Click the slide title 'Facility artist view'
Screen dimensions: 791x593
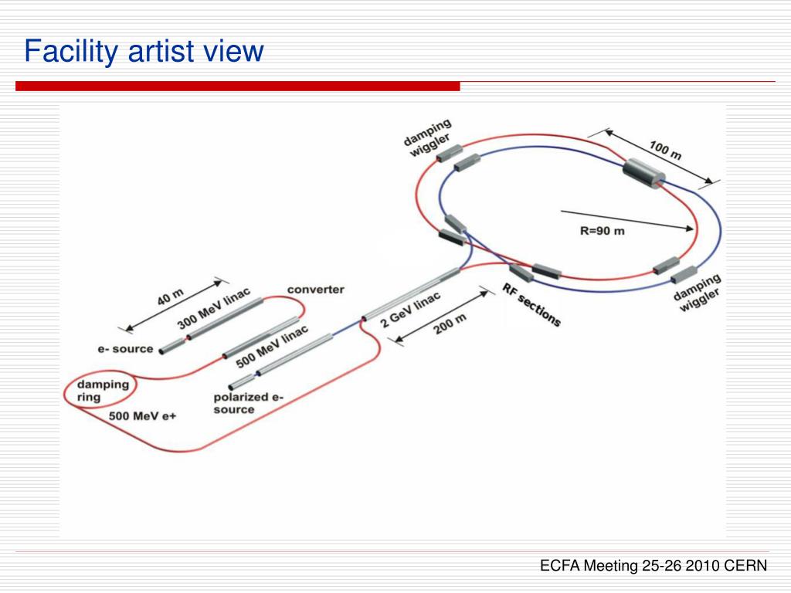(x=144, y=52)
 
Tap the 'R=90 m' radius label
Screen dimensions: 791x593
(x=602, y=231)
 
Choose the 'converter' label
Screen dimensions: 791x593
(x=315, y=290)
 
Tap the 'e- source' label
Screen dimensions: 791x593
(x=125, y=349)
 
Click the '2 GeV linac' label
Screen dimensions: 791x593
(x=410, y=309)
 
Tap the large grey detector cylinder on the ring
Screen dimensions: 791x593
(x=643, y=173)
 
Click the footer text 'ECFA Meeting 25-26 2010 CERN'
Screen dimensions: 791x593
(x=654, y=566)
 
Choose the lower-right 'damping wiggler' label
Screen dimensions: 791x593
(x=698, y=293)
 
